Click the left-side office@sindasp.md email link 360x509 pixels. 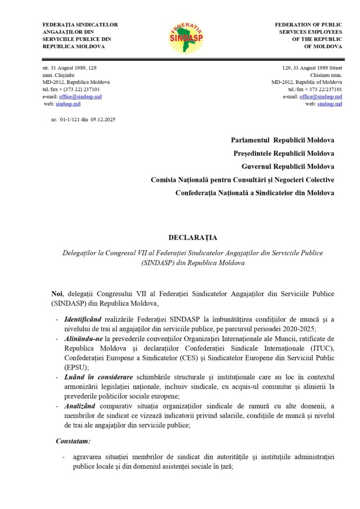80,96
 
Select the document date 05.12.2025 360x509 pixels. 103,120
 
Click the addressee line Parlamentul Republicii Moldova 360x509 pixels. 282,141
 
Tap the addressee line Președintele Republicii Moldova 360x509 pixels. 283,154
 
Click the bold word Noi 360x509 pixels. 57,294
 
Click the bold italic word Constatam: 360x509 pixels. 73,440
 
